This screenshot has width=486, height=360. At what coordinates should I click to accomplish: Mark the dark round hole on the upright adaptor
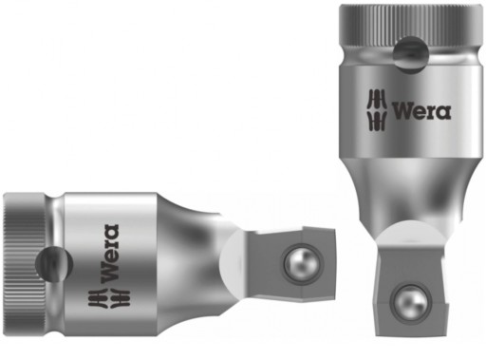point(410,53)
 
